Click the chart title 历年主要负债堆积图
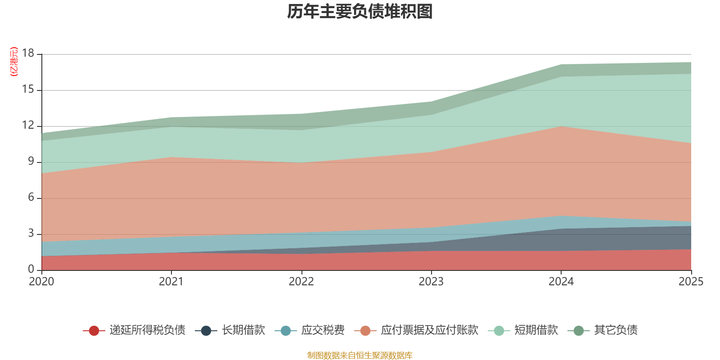click(x=360, y=12)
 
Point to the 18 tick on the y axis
click(x=28, y=54)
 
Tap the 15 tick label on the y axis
click(x=28, y=90)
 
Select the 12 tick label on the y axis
click(x=28, y=126)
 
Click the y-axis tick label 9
click(x=31, y=162)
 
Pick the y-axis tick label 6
click(x=31, y=198)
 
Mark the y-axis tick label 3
click(x=31, y=234)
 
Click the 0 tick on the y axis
click(x=31, y=269)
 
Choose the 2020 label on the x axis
click(x=41, y=282)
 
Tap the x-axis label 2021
click(x=171, y=282)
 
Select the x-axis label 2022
click(x=301, y=282)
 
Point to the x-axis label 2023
click(x=431, y=282)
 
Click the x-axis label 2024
click(x=561, y=282)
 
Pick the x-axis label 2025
click(x=691, y=282)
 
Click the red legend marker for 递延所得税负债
click(x=94, y=331)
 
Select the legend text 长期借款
click(x=243, y=330)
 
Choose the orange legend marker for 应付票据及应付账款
click(x=365, y=331)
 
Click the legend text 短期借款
click(x=536, y=330)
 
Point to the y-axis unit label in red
click(x=14, y=62)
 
